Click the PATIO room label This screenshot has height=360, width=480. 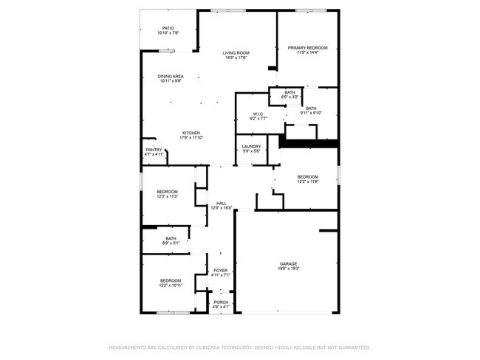pyautogui.click(x=168, y=29)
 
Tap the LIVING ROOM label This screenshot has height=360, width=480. pyautogui.click(x=237, y=53)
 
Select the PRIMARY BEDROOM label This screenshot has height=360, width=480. pyautogui.click(x=307, y=48)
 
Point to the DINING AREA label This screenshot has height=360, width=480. pyautogui.click(x=171, y=76)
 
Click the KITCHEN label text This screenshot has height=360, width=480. pyautogui.click(x=191, y=133)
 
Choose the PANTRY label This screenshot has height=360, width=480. pyautogui.click(x=153, y=150)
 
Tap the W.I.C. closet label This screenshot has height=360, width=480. pyautogui.click(x=258, y=114)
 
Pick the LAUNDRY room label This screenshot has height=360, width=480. pyautogui.click(x=251, y=147)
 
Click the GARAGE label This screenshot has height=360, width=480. pyautogui.click(x=288, y=263)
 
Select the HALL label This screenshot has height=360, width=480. pyautogui.click(x=221, y=204)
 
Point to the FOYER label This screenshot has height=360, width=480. pyautogui.click(x=221, y=271)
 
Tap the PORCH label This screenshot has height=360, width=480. pyautogui.click(x=221, y=302)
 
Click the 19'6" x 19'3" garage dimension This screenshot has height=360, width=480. pyautogui.click(x=288, y=269)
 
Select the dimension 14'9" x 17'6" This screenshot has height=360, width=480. pyautogui.click(x=237, y=58)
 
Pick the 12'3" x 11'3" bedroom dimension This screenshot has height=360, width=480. pyautogui.click(x=167, y=197)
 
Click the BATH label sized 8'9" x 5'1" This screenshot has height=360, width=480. pyautogui.click(x=171, y=238)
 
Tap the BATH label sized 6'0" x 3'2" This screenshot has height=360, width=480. pyautogui.click(x=289, y=92)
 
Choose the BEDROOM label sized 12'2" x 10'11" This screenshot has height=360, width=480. pyautogui.click(x=171, y=280)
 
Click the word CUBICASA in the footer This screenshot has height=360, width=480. pyautogui.click(x=210, y=347)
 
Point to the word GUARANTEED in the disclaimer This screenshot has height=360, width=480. pyautogui.click(x=350, y=347)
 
